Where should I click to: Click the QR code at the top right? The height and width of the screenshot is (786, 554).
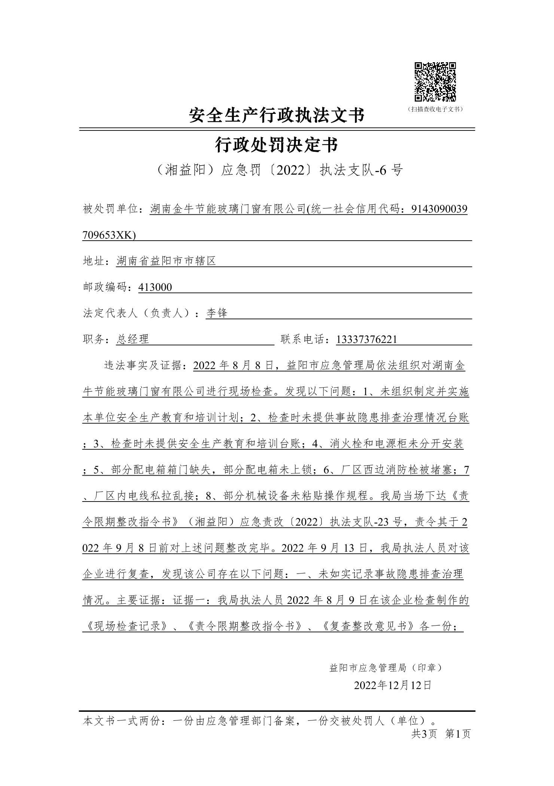tap(435, 82)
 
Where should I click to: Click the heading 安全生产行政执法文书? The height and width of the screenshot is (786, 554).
tap(276, 115)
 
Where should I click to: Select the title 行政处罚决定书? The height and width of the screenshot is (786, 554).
tap(276, 145)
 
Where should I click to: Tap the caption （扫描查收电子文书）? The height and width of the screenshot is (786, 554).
tap(435, 109)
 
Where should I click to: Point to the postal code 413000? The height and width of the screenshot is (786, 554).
tap(155, 287)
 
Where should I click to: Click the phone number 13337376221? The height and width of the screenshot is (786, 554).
tap(366, 340)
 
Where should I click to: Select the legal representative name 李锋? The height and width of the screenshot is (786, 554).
tap(217, 313)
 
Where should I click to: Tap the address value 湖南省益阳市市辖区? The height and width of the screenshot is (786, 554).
tap(166, 261)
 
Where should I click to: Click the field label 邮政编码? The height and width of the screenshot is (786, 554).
tap(106, 287)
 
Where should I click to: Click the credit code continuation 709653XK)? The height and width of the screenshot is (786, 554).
tap(109, 235)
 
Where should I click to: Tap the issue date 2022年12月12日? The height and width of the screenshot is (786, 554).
tap(393, 685)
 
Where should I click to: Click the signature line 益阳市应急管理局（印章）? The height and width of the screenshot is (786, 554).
tap(386, 668)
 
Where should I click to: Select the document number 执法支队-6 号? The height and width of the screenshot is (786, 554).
tap(361, 171)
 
